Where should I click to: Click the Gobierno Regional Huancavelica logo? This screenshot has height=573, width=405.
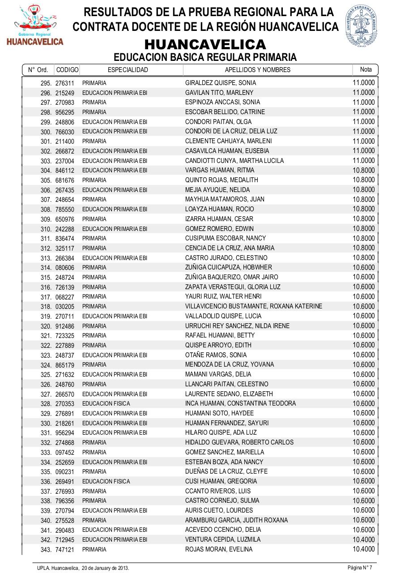coord(34,25)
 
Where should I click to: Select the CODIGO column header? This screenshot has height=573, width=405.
coord(67,70)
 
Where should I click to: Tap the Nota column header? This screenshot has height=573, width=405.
coord(366,69)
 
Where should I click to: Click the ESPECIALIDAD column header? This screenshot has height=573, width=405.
coord(128,70)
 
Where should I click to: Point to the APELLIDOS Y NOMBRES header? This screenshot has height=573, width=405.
coord(257,70)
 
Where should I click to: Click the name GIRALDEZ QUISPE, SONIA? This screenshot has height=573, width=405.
coord(221,83)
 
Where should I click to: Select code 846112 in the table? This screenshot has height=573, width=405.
coord(65,171)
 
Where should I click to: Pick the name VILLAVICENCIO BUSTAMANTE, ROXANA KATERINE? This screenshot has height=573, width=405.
coord(254,307)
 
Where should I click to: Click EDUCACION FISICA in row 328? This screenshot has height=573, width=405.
coord(106,404)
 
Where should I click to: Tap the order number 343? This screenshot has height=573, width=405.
coord(47,550)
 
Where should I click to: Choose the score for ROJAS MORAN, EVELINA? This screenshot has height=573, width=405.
coord(363,549)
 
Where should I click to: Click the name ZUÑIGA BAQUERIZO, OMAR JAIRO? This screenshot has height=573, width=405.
coord(231,277)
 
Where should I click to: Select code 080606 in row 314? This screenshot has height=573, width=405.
coord(65,268)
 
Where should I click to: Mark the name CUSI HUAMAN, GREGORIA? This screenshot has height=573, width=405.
coord(221,481)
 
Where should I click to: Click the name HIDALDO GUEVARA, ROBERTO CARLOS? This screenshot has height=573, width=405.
coord(239,442)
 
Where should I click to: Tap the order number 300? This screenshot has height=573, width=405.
coord(47,132)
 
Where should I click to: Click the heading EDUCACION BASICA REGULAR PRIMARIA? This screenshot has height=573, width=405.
coord(205,57)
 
